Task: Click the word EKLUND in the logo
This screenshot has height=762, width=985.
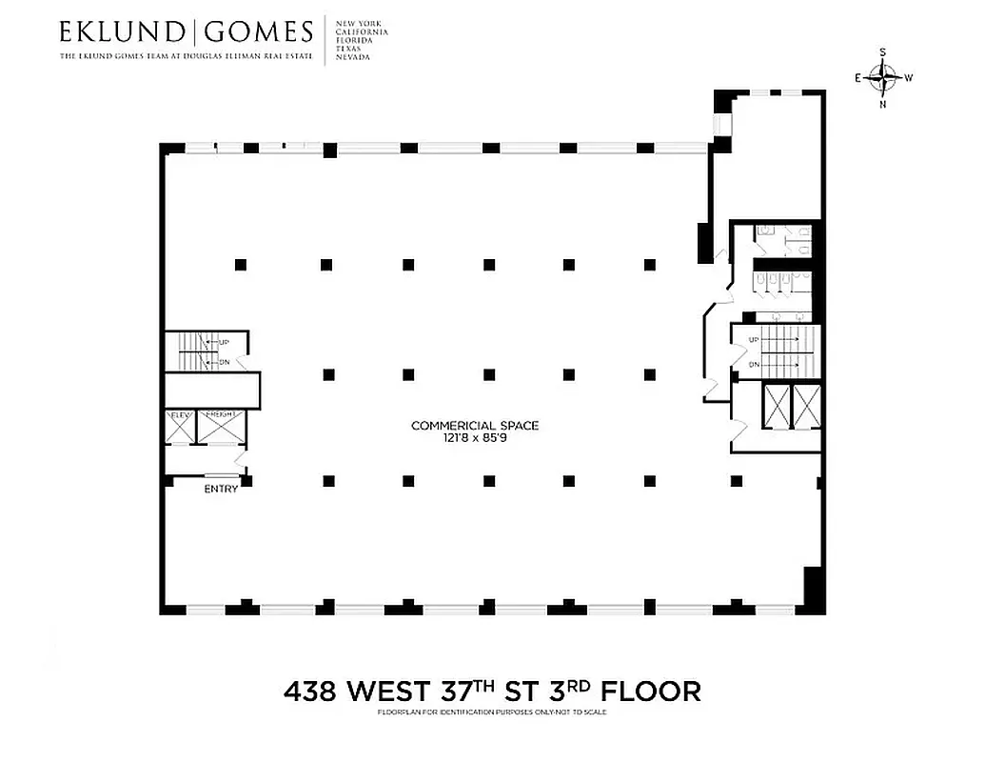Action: (123, 32)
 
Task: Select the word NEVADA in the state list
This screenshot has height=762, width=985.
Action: (353, 57)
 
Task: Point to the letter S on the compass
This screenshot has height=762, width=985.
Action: (883, 53)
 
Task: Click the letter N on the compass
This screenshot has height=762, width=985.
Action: (883, 104)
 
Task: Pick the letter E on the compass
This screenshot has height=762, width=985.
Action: (858, 78)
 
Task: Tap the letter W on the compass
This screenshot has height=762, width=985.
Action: (909, 78)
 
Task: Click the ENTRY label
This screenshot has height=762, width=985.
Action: (221, 489)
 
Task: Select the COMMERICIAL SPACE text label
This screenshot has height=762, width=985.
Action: (475, 426)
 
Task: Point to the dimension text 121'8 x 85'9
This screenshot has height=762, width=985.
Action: (475, 438)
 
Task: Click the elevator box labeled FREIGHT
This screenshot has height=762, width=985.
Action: (222, 428)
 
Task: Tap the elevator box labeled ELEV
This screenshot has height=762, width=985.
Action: (180, 428)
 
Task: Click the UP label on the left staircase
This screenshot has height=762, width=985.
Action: (224, 343)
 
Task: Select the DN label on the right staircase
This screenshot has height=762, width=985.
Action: (754, 365)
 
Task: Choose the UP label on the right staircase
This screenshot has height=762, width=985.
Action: (754, 340)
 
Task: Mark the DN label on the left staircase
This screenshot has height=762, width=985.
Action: (224, 361)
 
